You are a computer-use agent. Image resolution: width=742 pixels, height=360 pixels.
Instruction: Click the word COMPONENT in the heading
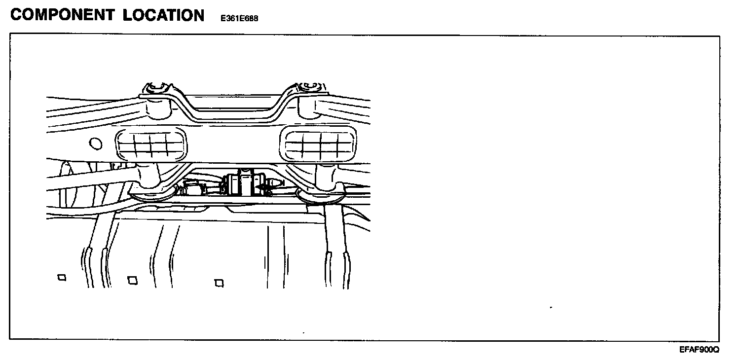point(63,15)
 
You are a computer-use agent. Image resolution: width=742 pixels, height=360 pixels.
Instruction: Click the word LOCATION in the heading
point(163,15)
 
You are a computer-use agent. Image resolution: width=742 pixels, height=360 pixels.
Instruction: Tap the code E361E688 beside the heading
point(240,19)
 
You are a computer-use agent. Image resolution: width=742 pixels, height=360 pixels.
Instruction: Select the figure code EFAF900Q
point(699,350)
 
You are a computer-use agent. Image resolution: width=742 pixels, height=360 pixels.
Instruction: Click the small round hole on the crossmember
point(96,144)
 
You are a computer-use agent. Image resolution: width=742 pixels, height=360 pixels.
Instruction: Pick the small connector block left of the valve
point(192,187)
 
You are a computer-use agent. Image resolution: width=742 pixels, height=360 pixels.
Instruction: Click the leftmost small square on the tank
point(62,278)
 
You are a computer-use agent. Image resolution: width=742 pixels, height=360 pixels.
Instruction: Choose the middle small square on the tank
point(132,280)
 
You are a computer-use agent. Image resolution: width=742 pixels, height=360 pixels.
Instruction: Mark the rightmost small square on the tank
point(220,283)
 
